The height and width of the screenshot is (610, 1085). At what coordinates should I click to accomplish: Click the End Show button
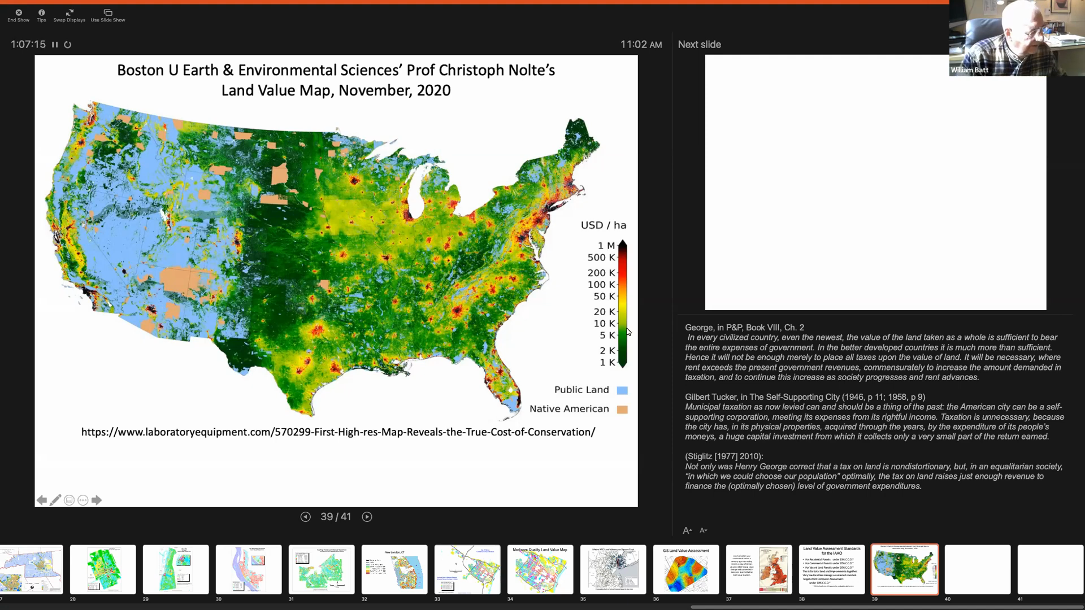tap(18, 15)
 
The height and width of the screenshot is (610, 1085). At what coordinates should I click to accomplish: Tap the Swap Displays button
tap(69, 15)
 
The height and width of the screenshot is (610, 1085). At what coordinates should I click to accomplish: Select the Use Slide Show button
tap(108, 15)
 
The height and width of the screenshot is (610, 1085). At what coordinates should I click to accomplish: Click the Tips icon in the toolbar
tap(41, 15)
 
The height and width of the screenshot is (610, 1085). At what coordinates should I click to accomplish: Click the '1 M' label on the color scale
tap(606, 246)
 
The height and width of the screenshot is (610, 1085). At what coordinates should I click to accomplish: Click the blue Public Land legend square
tap(622, 390)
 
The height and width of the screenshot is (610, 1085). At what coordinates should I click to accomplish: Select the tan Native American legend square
tap(622, 409)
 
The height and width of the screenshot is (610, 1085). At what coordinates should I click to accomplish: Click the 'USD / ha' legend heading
tap(603, 225)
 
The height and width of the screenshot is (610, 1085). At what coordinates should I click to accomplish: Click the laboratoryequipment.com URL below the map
tap(338, 432)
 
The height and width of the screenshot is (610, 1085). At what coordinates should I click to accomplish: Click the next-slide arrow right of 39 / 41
tap(367, 517)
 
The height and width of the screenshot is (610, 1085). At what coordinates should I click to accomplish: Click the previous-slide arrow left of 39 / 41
tap(305, 517)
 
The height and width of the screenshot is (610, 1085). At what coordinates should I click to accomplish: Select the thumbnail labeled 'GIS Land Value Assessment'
tap(685, 569)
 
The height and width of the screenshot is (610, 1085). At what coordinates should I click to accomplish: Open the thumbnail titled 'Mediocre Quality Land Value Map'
tap(540, 569)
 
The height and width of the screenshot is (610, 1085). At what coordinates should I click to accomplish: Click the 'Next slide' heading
tap(699, 45)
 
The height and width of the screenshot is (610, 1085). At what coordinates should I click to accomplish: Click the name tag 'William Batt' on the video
tap(969, 70)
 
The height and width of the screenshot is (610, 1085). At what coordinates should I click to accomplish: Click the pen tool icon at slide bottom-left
tap(55, 500)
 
